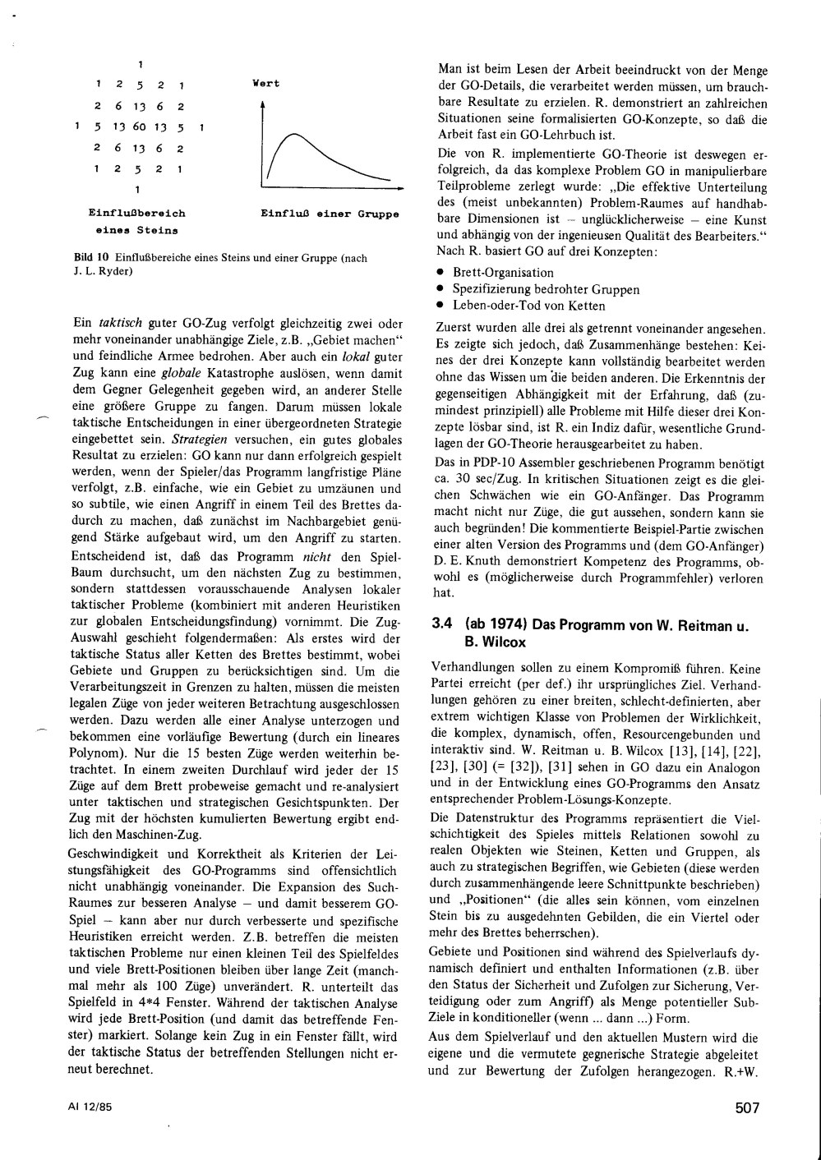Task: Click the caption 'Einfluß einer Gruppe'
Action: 330,214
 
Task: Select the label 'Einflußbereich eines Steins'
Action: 136,221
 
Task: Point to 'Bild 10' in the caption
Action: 86,258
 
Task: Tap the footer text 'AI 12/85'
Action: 90,1107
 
